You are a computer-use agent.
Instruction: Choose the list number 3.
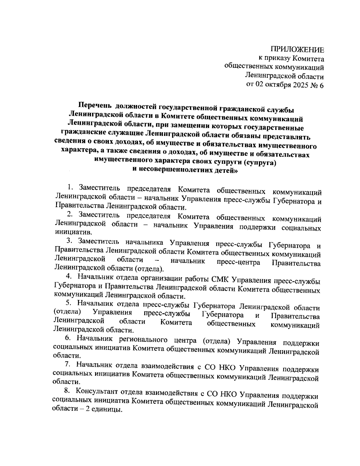click(x=69, y=241)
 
